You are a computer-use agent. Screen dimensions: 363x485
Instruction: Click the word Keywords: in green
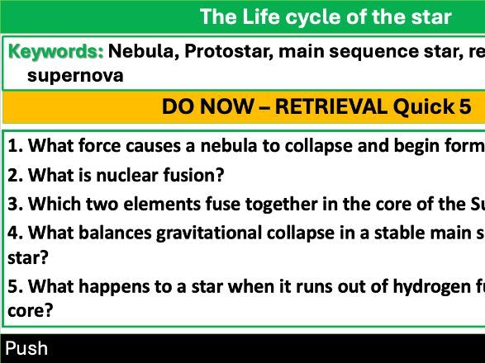tap(56, 51)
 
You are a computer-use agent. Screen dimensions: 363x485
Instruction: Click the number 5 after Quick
tap(465, 106)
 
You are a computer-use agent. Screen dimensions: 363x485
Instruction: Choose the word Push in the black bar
tap(26, 348)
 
